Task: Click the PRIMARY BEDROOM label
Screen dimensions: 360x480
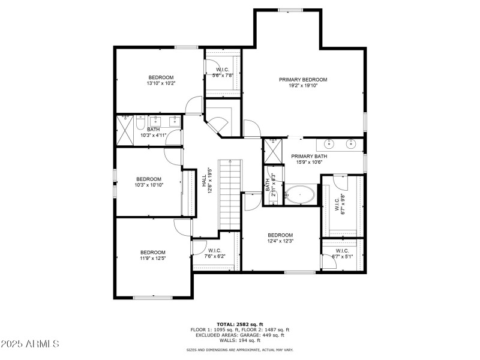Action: click(x=303, y=80)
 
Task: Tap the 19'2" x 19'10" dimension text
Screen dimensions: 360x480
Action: click(x=303, y=86)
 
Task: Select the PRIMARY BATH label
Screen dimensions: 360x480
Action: click(x=307, y=156)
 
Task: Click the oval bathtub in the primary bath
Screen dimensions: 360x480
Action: click(x=299, y=195)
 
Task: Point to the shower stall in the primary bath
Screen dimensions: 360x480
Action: click(x=273, y=150)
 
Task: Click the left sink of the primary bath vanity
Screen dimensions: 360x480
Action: click(x=329, y=144)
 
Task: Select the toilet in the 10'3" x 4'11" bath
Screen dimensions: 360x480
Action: click(x=139, y=123)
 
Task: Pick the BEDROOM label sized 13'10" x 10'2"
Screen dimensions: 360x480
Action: click(x=161, y=77)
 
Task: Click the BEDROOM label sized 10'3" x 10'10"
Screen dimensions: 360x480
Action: click(x=149, y=179)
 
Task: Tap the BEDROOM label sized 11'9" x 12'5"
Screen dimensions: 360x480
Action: click(x=153, y=252)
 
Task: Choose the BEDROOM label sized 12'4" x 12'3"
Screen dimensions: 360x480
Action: click(x=280, y=235)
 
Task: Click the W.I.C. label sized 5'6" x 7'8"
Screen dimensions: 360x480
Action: click(x=223, y=70)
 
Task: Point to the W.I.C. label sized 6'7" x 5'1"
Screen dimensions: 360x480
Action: click(x=342, y=251)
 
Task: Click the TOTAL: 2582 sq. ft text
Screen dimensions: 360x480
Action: click(x=240, y=324)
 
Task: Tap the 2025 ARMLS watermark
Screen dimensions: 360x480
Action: click(x=30, y=344)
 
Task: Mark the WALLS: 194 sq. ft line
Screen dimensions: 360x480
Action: click(x=240, y=340)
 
